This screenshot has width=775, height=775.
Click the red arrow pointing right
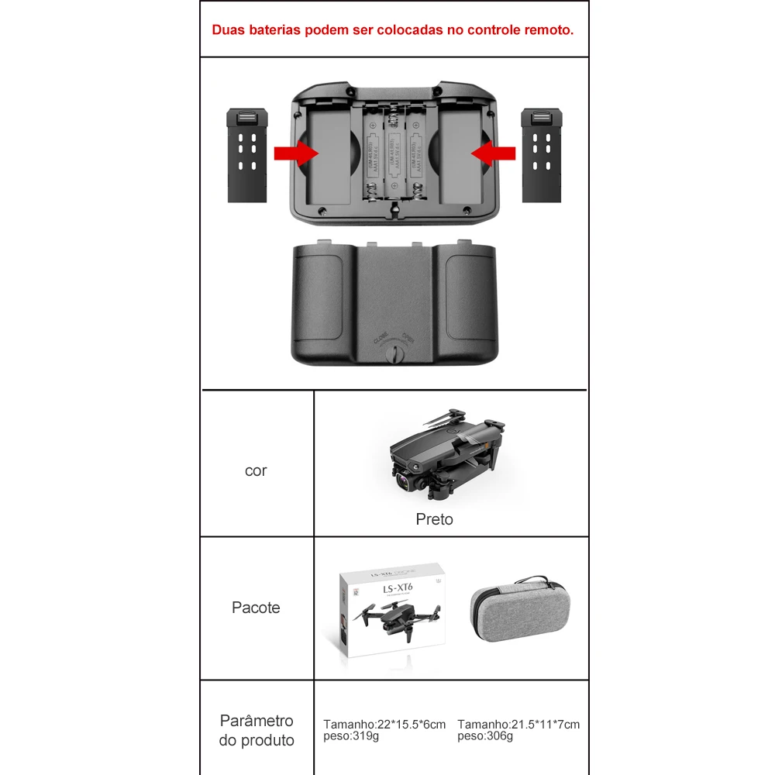click(298, 153)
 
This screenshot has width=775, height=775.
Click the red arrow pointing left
click(493, 153)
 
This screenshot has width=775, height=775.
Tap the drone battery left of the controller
click(247, 155)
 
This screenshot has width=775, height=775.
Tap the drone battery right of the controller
click(542, 155)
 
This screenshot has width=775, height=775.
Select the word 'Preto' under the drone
click(434, 519)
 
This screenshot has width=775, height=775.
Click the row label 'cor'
click(256, 470)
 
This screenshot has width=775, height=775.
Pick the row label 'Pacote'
click(256, 608)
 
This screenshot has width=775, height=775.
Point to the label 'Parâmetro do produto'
click(257, 731)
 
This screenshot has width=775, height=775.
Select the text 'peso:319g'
click(352, 735)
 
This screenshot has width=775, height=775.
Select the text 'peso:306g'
click(485, 735)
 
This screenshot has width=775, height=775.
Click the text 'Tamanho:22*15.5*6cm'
click(384, 724)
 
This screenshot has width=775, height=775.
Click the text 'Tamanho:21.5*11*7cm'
click(518, 724)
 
